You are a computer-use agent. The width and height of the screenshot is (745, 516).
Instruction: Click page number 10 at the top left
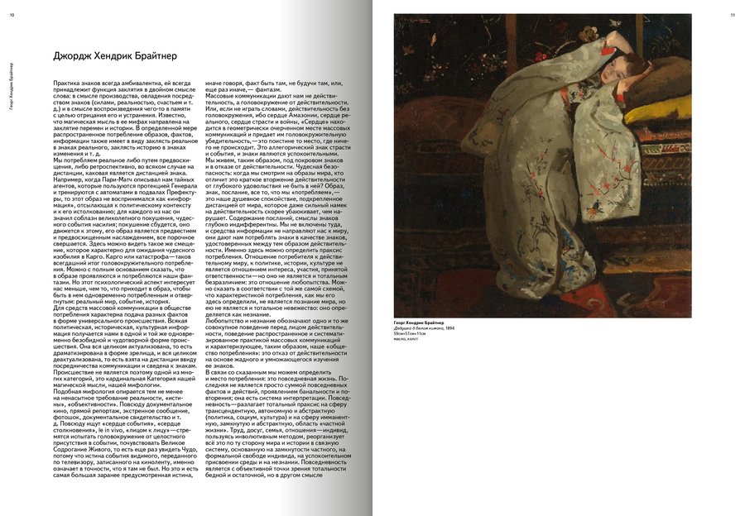click(12, 14)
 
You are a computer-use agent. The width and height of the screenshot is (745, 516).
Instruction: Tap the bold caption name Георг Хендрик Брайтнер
click(423, 322)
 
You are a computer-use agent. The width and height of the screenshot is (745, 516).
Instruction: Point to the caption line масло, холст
click(407, 339)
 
